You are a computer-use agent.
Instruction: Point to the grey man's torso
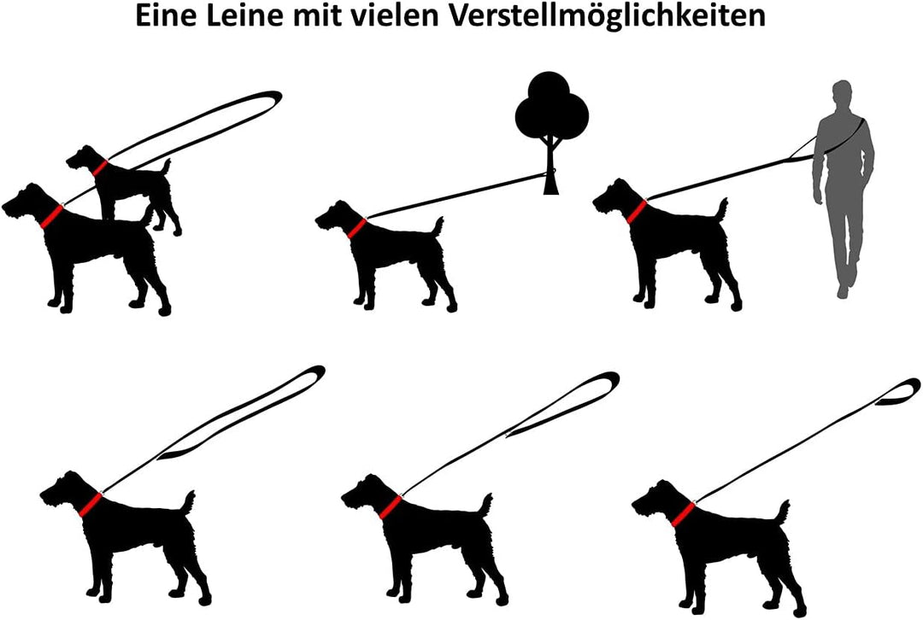coord(844,149)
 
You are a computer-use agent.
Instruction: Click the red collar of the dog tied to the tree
coord(356,229)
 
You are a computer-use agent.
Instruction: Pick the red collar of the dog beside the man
coord(637,209)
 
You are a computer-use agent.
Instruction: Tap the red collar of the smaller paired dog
coord(101,167)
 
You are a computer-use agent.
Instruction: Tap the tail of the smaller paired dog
coord(166,166)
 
